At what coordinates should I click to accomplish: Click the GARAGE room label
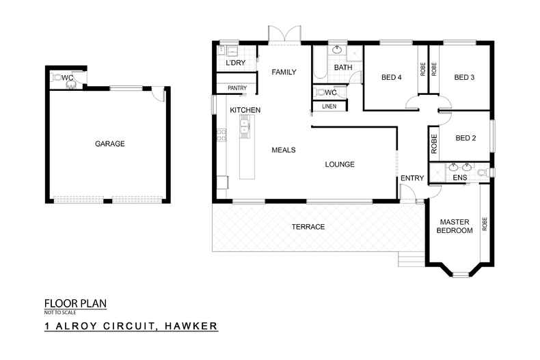click(109, 144)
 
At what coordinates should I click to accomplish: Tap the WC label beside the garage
click(68, 79)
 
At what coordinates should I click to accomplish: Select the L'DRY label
click(235, 64)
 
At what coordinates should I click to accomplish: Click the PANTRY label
click(237, 88)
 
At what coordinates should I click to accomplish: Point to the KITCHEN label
click(245, 110)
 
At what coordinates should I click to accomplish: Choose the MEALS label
click(283, 150)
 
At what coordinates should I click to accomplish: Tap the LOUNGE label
click(339, 164)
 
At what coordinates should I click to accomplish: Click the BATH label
click(342, 68)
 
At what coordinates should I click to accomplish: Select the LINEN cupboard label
click(329, 106)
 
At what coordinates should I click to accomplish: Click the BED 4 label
click(392, 77)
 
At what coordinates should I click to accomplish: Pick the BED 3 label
click(464, 77)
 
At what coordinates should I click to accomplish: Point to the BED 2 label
click(465, 138)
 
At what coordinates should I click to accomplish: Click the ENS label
click(459, 178)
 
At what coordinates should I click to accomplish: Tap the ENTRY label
click(412, 178)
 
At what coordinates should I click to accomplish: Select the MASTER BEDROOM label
click(455, 226)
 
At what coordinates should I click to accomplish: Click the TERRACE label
click(308, 227)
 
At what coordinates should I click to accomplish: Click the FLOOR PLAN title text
click(75, 303)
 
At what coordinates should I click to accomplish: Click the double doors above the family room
click(284, 34)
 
